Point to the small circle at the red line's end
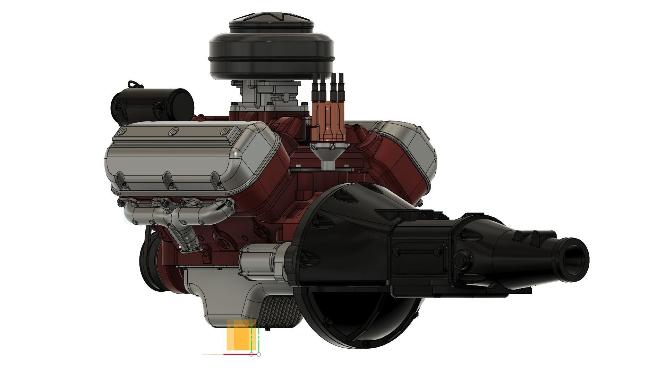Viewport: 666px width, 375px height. coord(259,355)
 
